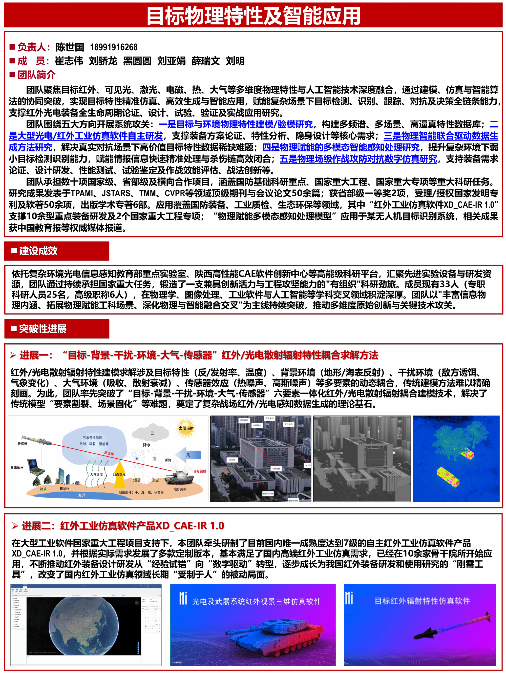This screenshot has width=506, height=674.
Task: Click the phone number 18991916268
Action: (x=113, y=47)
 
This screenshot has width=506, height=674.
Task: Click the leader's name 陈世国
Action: (x=70, y=47)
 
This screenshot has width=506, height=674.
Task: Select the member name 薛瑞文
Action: (x=206, y=61)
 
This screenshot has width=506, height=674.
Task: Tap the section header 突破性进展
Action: (x=43, y=329)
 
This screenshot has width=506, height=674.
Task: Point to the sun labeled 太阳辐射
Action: (x=186, y=428)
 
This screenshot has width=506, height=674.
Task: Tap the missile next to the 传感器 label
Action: (x=37, y=440)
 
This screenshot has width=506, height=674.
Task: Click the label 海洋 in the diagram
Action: (x=82, y=495)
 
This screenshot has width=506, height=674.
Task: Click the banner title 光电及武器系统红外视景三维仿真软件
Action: (x=256, y=601)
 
